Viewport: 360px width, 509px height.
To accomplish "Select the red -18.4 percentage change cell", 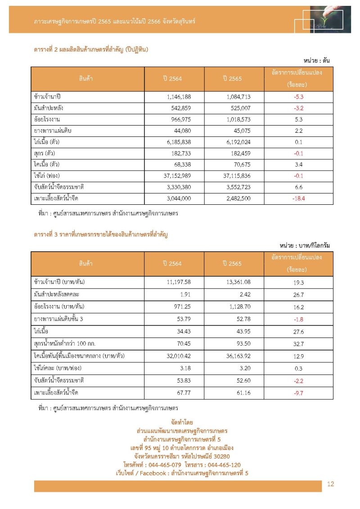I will (x=299, y=198).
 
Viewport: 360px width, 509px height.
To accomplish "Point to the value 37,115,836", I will (x=234, y=176).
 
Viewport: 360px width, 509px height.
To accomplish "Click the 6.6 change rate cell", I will (x=299, y=187).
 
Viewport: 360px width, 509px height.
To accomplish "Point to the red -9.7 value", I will (x=299, y=393).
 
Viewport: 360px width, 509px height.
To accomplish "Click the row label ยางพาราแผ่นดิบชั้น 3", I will (x=58, y=319).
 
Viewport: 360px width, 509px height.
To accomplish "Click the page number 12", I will (x=330, y=484).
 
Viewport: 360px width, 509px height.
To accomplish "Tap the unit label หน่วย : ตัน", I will (x=318, y=60).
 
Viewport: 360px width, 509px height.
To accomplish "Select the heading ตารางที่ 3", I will (x=50, y=234).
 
